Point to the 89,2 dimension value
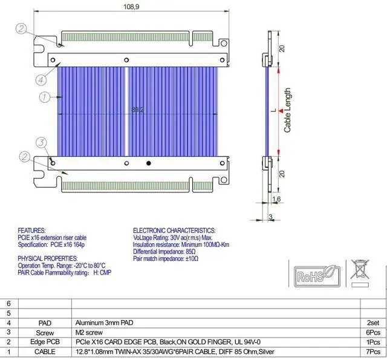(137, 110)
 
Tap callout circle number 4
(40, 79)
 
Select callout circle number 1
(44, 96)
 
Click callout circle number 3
(41, 143)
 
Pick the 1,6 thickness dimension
(276, 199)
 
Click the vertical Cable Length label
(288, 110)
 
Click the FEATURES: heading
(32, 231)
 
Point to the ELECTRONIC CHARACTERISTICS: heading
(174, 231)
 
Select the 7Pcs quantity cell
(372, 352)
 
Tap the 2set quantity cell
(372, 323)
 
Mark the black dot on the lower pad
(149, 162)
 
